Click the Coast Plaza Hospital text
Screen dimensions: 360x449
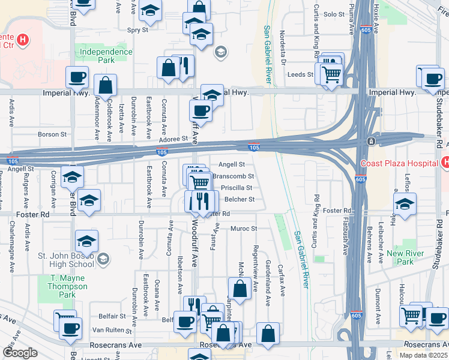[399, 163]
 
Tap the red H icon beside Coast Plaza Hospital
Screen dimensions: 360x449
[445, 163]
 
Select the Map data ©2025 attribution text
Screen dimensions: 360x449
[423, 355]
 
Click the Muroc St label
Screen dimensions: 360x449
[244, 229]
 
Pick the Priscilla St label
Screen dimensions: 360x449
[237, 187]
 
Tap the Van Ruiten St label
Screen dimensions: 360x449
[112, 330]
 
